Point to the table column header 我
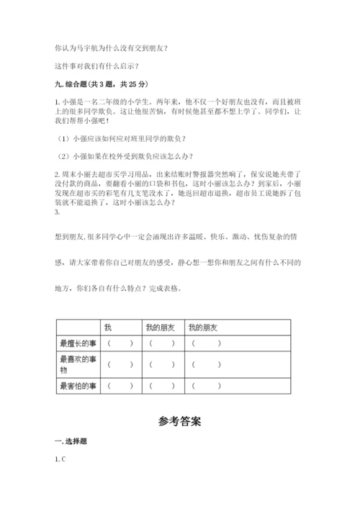108,328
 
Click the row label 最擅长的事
78,343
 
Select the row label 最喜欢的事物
78,364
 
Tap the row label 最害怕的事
78,386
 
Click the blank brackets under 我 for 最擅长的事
120,343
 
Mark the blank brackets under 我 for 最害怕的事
120,386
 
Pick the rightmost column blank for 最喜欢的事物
207,364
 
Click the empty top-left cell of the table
78,328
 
